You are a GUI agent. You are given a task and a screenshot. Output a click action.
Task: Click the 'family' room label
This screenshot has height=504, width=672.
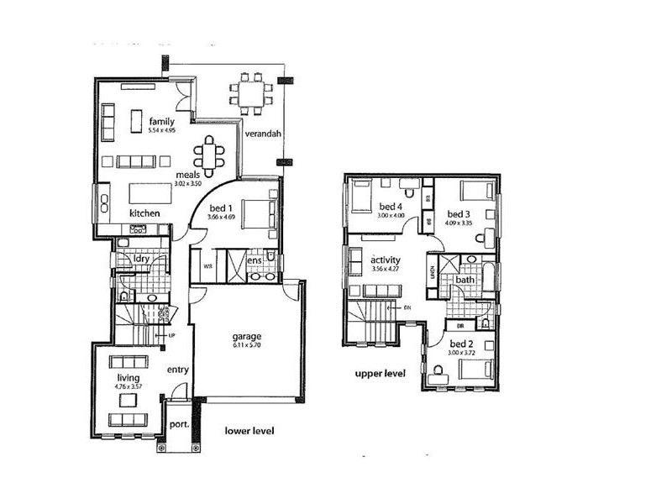(x=161, y=122)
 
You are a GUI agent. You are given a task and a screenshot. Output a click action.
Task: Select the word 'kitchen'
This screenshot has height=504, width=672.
(x=144, y=214)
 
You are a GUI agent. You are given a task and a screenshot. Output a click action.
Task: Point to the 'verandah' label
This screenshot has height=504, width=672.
(x=262, y=134)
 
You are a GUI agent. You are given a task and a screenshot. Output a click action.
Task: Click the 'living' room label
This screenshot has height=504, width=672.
(x=128, y=379)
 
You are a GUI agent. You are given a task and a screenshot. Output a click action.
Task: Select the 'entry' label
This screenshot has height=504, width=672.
(x=177, y=370)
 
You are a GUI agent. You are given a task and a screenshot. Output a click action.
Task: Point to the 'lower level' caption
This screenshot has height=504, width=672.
(x=250, y=431)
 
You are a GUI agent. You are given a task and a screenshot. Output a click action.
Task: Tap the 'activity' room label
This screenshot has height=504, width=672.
(x=386, y=260)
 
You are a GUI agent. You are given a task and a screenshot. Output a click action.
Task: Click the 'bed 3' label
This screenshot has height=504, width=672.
(x=459, y=213)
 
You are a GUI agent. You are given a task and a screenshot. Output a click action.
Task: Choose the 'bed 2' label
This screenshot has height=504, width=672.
(x=461, y=344)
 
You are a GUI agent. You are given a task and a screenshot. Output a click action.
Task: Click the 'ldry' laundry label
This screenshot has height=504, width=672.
(x=142, y=259)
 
